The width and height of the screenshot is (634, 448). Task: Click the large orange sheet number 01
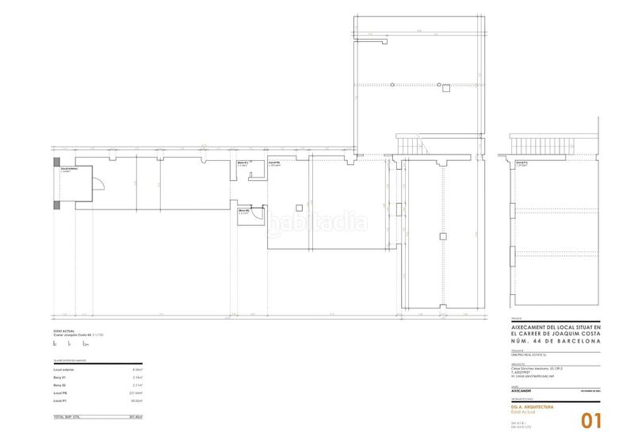point(593,420)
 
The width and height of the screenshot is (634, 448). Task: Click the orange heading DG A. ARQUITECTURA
point(527,406)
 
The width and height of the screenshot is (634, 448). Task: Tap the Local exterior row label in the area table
point(65,370)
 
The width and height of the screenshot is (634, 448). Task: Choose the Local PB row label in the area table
point(60,392)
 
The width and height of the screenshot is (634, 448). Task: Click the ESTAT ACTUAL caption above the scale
point(63,333)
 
